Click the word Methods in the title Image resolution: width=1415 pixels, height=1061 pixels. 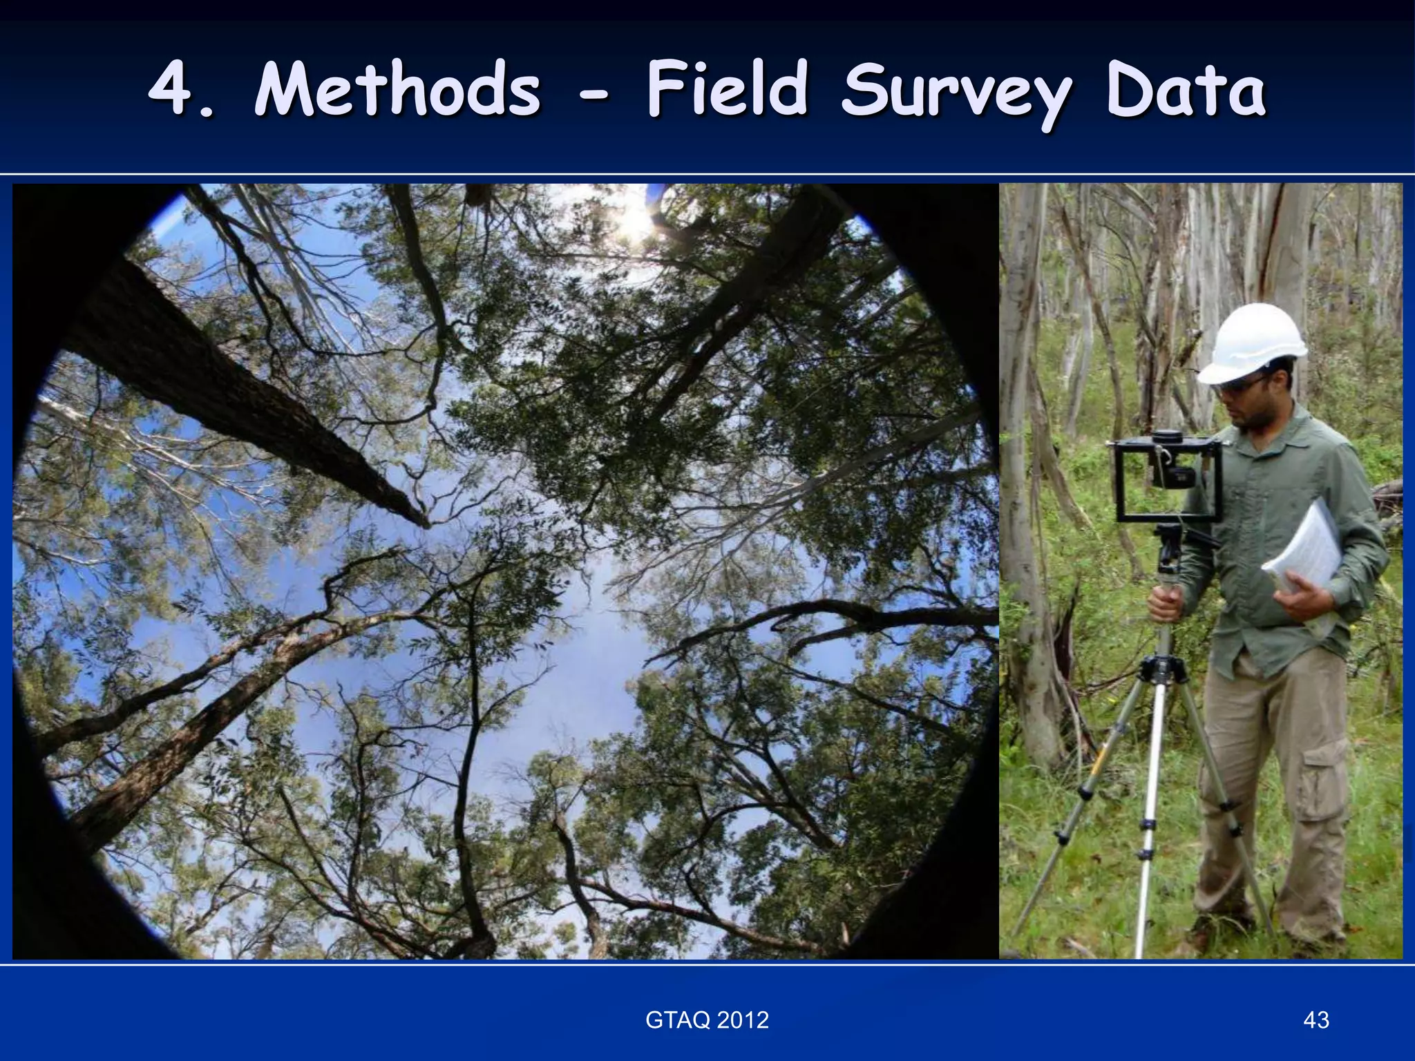397,90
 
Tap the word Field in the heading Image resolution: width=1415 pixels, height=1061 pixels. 727,90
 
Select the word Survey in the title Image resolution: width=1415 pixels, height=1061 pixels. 956,93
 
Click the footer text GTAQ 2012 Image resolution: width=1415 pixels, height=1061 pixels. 707,1020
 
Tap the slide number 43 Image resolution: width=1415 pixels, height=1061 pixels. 1316,1020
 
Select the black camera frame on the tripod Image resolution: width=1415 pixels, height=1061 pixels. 1168,479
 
